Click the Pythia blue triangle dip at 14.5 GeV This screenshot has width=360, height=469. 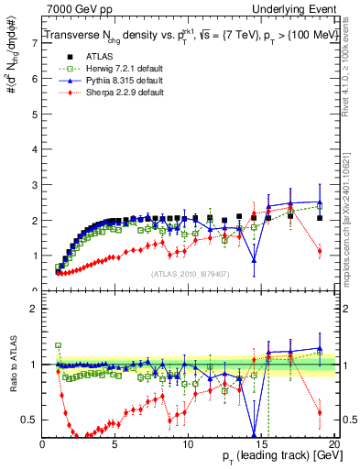point(254,261)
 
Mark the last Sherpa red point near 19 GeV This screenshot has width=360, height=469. point(319,251)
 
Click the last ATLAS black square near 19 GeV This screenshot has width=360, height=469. point(319,218)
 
